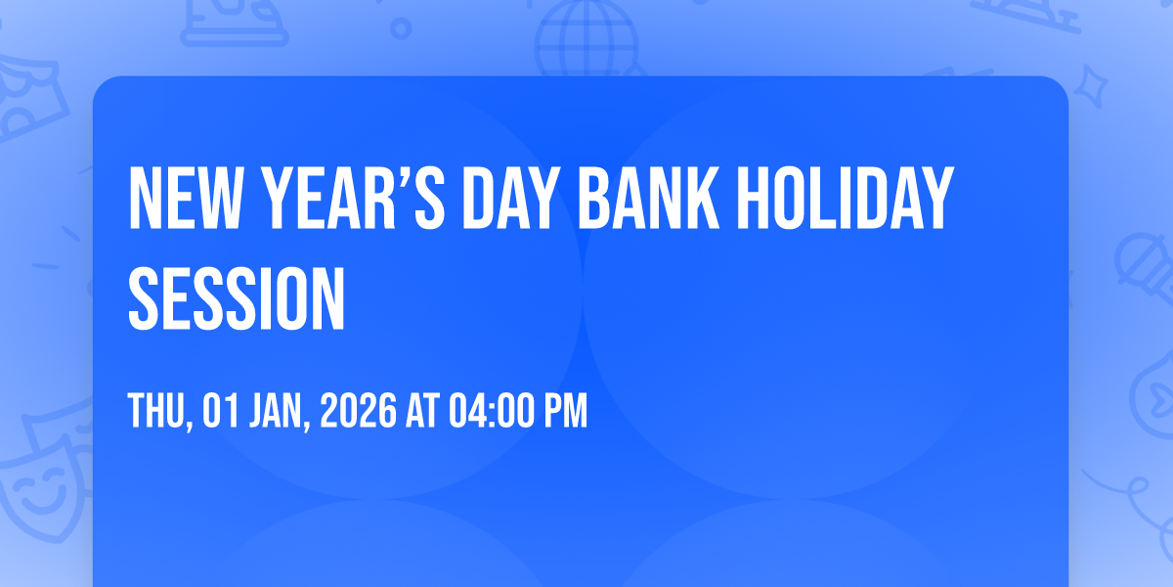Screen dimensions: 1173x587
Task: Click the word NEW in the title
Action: [x=184, y=198]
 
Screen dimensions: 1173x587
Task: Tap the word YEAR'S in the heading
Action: [x=354, y=198]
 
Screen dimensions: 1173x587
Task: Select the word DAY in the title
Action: [x=508, y=198]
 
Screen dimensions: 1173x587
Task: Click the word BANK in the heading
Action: [x=648, y=198]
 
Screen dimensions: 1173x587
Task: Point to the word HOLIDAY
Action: [x=846, y=198]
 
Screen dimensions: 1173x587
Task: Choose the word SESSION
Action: [x=237, y=298]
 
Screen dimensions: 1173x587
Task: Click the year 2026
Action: [x=358, y=410]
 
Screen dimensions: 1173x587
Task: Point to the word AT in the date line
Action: [x=423, y=410]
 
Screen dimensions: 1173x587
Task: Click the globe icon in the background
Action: [x=586, y=38]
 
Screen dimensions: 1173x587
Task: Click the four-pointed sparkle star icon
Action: [x=1090, y=87]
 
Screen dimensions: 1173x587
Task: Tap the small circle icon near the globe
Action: [x=401, y=28]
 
